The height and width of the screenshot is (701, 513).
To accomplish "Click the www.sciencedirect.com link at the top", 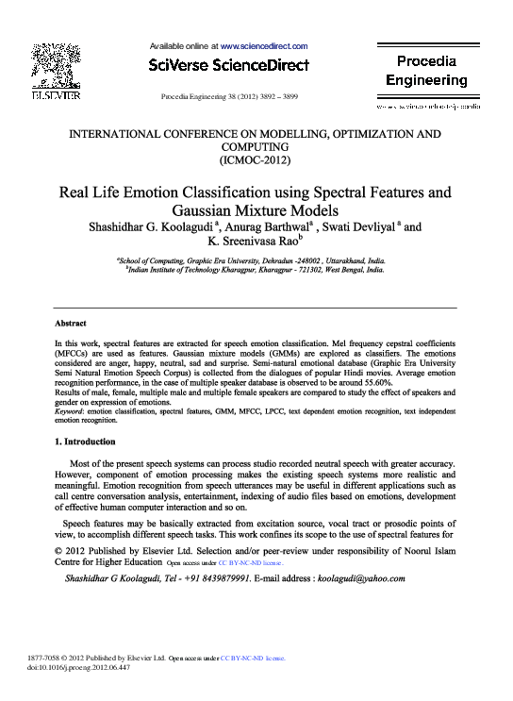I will point(265,45).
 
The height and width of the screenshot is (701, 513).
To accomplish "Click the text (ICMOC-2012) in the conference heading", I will point(256,161).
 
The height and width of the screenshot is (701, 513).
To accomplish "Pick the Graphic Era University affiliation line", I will point(256,259).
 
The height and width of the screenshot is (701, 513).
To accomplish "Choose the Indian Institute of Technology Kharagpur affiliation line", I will point(256,269).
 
